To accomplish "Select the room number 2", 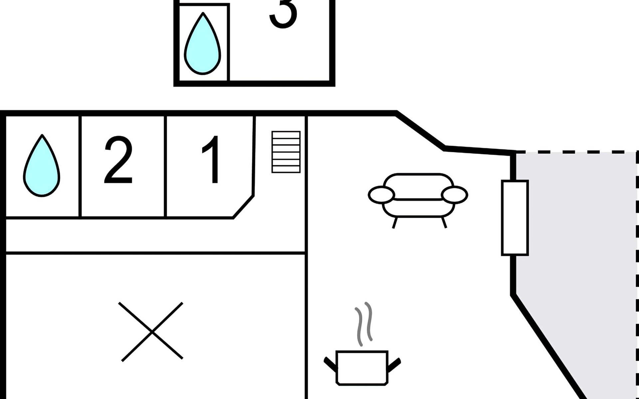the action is coord(118,159).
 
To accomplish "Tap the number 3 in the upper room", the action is coord(283,13).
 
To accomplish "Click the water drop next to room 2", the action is coord(42,166).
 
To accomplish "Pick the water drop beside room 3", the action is coord(203,43).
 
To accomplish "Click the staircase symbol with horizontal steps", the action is coord(286,152).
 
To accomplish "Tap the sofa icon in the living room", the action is coord(418,199).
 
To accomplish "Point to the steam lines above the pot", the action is coord(363,324).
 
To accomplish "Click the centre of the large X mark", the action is coord(152,332).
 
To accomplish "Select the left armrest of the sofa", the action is coord(381,195).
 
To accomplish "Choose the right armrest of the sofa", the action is coord(454,195).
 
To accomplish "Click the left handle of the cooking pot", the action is coord(330,364).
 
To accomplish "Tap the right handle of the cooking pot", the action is coord(394,364).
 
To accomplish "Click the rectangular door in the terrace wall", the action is coord(515,218).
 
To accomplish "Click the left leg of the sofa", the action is coord(395,222).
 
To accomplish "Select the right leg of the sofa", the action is coord(444,222).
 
